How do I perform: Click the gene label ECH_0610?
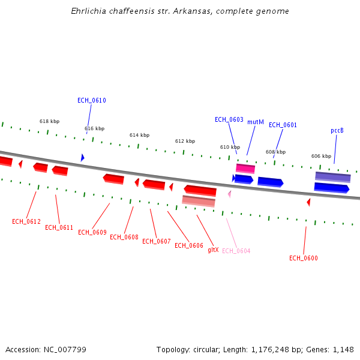92,100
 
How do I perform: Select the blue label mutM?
256,122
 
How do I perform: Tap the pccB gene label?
337,130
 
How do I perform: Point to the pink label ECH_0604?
236,251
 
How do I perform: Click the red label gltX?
213,250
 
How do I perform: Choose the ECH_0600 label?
304,258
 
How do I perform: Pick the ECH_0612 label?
26,221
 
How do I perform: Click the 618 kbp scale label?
50,121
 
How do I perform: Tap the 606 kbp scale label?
321,156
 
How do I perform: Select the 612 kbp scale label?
185,141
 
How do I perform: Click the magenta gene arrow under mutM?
245,169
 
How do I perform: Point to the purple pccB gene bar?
332,177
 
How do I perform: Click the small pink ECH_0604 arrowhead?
229,194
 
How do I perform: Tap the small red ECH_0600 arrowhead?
308,202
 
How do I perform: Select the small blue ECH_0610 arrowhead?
82,157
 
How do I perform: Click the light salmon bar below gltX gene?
199,201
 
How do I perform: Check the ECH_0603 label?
229,119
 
